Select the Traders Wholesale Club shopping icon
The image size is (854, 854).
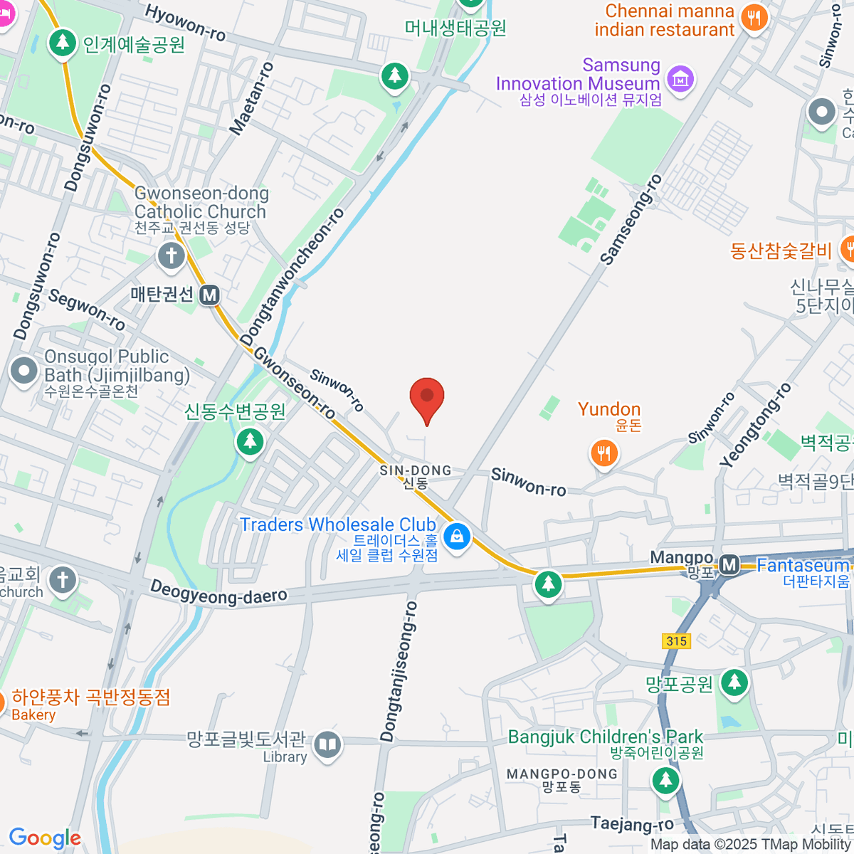[x=457, y=536]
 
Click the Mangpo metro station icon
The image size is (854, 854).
[x=729, y=565]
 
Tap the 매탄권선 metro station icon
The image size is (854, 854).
[x=209, y=295]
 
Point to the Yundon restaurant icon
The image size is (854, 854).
[x=604, y=452]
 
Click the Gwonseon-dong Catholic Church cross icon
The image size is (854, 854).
[x=171, y=256]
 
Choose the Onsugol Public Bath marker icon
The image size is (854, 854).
[x=24, y=371]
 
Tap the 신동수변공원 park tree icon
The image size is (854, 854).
[x=250, y=441]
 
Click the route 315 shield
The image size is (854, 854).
[x=676, y=640]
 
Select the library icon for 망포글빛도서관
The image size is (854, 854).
[x=327, y=744]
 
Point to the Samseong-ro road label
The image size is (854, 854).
[x=631, y=220]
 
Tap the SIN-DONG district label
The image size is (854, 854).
[x=416, y=470]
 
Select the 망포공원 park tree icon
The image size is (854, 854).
[x=734, y=683]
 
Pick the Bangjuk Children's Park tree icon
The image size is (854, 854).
[x=665, y=780]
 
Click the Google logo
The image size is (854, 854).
[x=45, y=838]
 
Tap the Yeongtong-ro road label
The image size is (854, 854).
[x=755, y=426]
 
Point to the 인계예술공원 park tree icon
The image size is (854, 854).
[x=63, y=43]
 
